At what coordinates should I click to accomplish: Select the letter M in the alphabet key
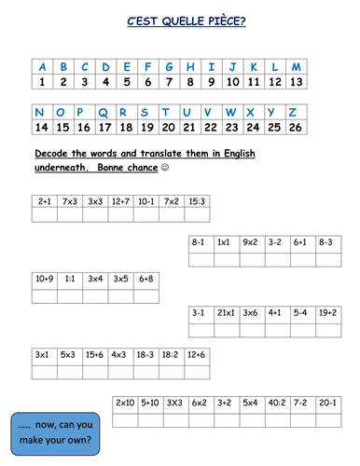(x=297, y=67)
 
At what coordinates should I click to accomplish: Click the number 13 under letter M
(x=297, y=82)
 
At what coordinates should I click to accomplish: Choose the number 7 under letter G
(x=168, y=82)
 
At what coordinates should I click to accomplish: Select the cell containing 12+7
(x=120, y=200)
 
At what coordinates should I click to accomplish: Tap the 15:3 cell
(x=196, y=200)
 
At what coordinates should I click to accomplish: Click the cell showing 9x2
(x=249, y=241)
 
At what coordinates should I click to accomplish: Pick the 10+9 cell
(x=44, y=278)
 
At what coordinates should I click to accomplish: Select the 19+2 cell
(x=327, y=314)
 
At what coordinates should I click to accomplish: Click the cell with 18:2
(x=171, y=354)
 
